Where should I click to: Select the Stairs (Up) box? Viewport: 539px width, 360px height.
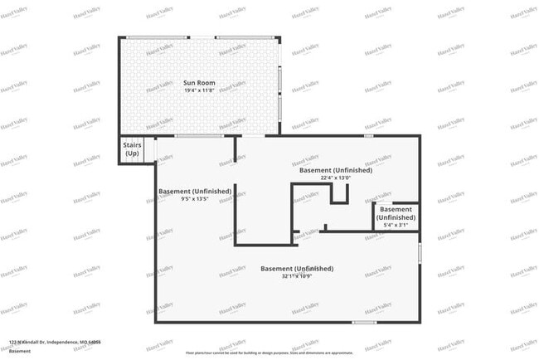[x=132, y=150]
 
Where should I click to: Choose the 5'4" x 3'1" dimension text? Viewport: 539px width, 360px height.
[x=396, y=225]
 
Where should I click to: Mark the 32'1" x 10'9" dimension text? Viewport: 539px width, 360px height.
[x=297, y=276]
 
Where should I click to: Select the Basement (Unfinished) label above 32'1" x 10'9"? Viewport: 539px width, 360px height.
[x=297, y=269]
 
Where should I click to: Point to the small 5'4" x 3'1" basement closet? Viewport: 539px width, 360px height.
[x=396, y=217]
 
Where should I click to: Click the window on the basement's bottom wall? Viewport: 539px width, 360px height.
[x=365, y=322]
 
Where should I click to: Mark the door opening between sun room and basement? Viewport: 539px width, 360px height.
[x=199, y=135]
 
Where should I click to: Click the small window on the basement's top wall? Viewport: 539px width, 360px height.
[x=368, y=135]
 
